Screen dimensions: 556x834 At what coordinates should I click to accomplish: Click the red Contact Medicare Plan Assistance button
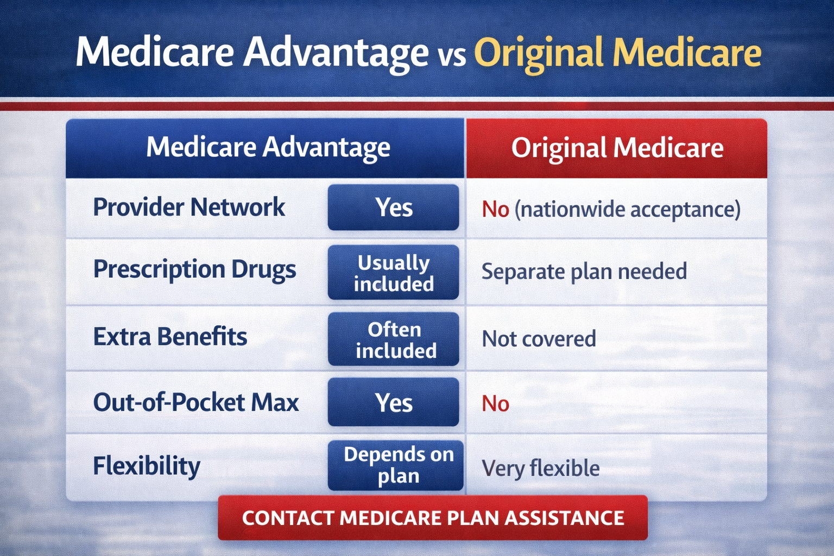pyautogui.click(x=433, y=517)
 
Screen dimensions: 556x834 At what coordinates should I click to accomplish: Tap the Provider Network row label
pyautogui.click(x=189, y=207)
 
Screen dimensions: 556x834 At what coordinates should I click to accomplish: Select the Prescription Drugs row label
pyautogui.click(x=194, y=270)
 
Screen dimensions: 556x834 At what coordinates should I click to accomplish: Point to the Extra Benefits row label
pyautogui.click(x=170, y=337)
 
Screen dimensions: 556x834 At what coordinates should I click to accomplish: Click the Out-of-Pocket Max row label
pyautogui.click(x=195, y=403)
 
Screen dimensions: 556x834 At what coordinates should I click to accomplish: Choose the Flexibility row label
pyautogui.click(x=147, y=466)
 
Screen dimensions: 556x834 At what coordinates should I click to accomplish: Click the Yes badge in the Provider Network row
pyautogui.click(x=394, y=207)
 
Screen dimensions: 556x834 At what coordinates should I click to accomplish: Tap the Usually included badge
pyautogui.click(x=394, y=273)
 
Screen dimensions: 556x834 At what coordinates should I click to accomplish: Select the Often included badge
pyautogui.click(x=394, y=339)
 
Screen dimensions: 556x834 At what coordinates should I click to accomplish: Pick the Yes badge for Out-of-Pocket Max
pyautogui.click(x=394, y=402)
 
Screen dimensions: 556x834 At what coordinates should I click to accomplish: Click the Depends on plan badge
pyautogui.click(x=396, y=465)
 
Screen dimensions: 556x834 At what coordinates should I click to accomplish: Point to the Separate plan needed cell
pyautogui.click(x=584, y=271)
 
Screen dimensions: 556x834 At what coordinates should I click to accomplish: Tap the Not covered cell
pyautogui.click(x=539, y=339)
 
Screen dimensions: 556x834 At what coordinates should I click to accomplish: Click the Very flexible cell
pyautogui.click(x=541, y=468)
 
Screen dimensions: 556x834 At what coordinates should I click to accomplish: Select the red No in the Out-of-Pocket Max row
pyautogui.click(x=495, y=404)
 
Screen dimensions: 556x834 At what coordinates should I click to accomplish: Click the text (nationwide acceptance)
pyautogui.click(x=627, y=210)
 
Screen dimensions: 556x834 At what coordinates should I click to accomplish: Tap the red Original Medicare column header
pyautogui.click(x=617, y=148)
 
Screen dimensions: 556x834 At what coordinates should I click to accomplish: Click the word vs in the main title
pyautogui.click(x=452, y=56)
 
